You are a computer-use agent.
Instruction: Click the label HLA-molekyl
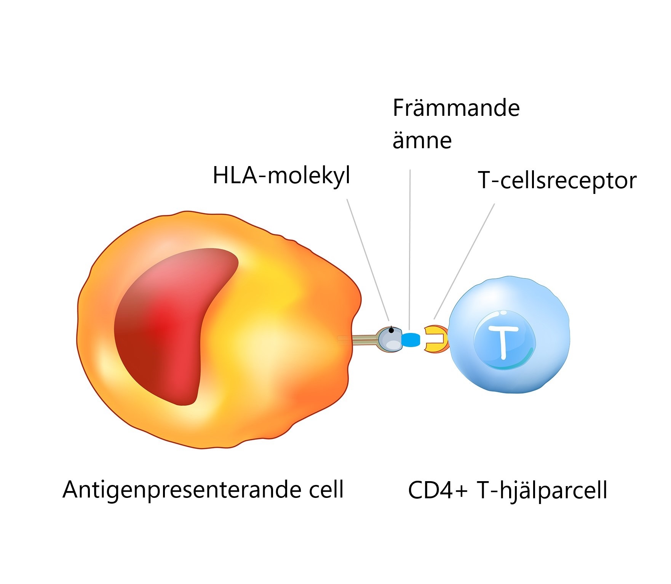click(281, 176)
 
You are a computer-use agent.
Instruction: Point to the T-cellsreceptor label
click(557, 181)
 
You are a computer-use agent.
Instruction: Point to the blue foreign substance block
click(411, 340)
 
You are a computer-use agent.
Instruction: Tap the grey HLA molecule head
click(390, 339)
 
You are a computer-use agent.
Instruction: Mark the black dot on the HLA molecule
click(391, 330)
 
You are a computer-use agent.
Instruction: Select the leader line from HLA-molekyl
click(368, 260)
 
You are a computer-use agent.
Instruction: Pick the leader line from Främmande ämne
click(410, 250)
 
